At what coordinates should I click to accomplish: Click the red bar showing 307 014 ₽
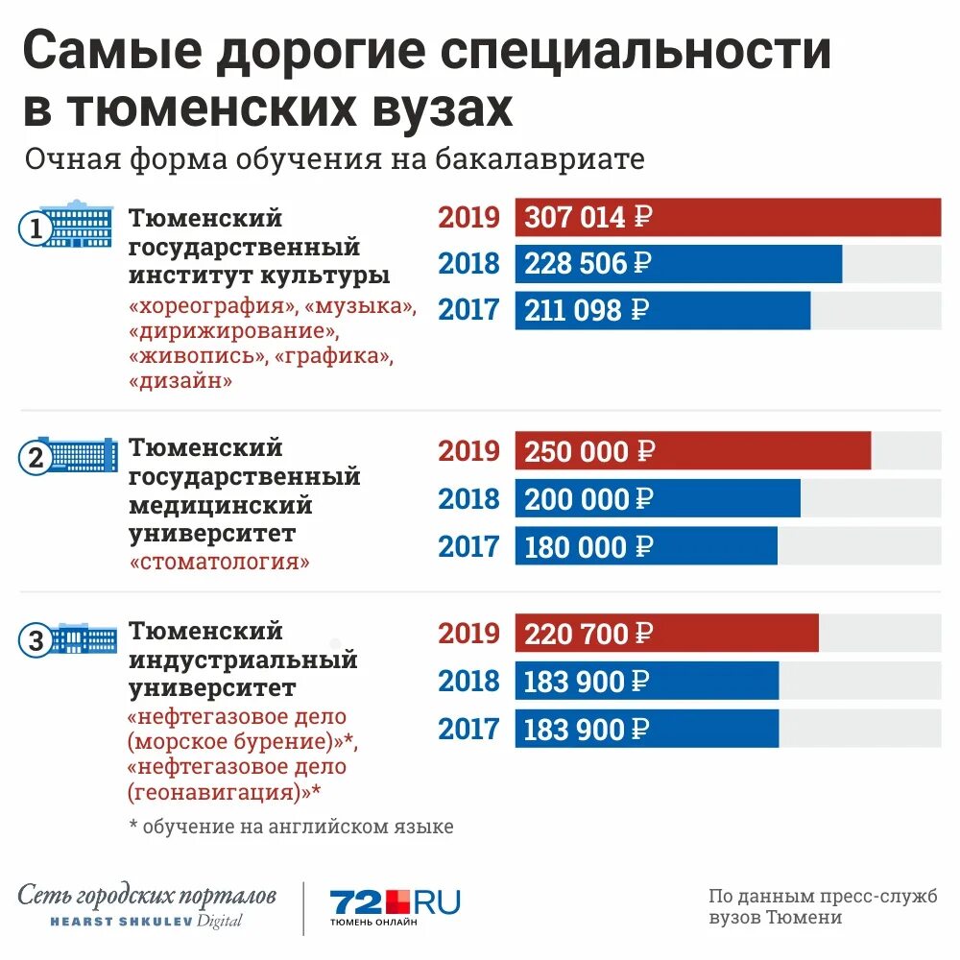(728, 217)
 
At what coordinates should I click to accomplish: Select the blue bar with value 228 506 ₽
(678, 264)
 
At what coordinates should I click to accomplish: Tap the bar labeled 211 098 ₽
(662, 310)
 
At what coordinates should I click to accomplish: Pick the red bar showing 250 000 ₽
(692, 451)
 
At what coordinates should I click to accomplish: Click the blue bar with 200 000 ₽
(657, 499)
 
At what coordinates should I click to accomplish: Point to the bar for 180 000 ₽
(645, 546)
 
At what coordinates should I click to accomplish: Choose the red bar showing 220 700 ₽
(666, 634)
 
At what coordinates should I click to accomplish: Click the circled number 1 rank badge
(36, 230)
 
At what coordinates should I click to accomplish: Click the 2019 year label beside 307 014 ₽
(469, 218)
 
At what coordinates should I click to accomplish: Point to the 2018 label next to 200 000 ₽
(469, 499)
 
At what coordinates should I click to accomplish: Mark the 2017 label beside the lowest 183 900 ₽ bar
(469, 730)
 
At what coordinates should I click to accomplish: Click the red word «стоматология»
(219, 562)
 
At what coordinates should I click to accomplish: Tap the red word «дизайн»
(180, 380)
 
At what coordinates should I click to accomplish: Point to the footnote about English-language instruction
(291, 826)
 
